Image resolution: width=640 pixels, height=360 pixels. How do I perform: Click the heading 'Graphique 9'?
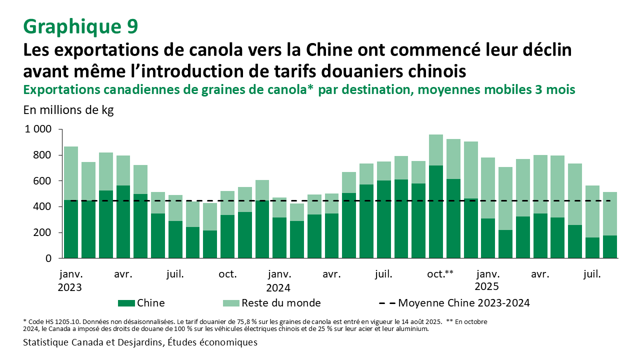pos(80,26)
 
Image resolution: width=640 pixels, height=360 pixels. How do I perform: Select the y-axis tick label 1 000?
pos(38,129)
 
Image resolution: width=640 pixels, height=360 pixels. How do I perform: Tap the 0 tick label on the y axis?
pos(48,258)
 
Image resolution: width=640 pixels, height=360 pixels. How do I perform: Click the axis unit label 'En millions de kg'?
pos(68,110)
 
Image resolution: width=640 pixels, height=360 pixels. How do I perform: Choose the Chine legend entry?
pos(150,303)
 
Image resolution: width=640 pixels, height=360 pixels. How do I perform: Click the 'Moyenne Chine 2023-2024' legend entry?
pos(463,303)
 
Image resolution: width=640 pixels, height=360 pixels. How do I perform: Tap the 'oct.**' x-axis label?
pos(440,274)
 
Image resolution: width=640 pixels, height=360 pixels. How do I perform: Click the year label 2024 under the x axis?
pos(278,287)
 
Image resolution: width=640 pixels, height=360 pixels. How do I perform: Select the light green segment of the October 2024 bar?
pos(436,150)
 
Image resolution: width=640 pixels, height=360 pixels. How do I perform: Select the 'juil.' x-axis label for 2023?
pos(175,274)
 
